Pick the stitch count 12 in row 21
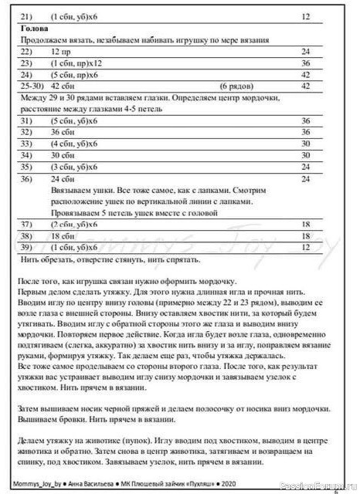pos(306,15)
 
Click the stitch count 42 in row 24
pos(306,74)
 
